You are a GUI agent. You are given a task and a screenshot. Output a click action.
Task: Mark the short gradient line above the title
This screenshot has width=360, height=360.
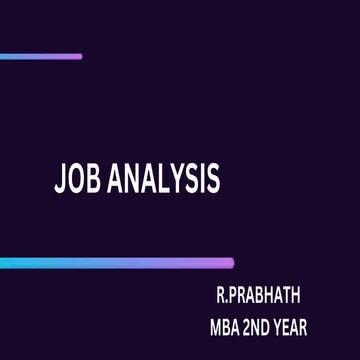point(40,56)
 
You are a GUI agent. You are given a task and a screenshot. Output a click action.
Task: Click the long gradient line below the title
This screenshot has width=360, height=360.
point(116,263)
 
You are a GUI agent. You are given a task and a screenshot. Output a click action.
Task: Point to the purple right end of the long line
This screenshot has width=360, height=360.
point(228,263)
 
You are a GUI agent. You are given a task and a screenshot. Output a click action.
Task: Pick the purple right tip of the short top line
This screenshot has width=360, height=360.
point(78,56)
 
